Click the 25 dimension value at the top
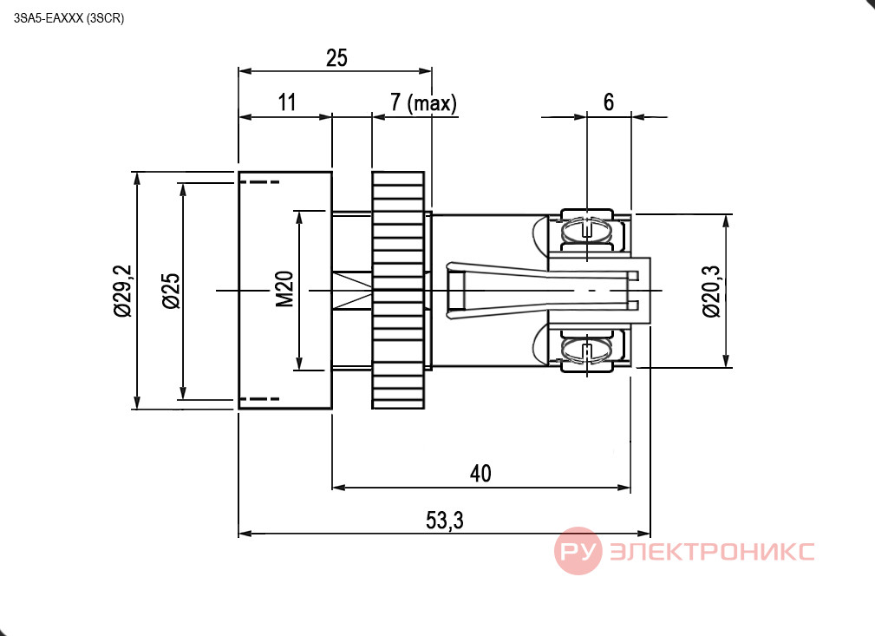tap(336, 58)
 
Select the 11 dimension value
tap(287, 102)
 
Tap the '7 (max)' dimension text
tap(423, 102)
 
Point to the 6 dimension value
tap(608, 102)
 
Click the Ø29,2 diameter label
tap(123, 291)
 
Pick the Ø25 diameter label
tap(172, 291)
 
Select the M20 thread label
tap(284, 289)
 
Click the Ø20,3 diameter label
tap(711, 292)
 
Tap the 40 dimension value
tap(480, 474)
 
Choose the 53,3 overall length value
tap(444, 521)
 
